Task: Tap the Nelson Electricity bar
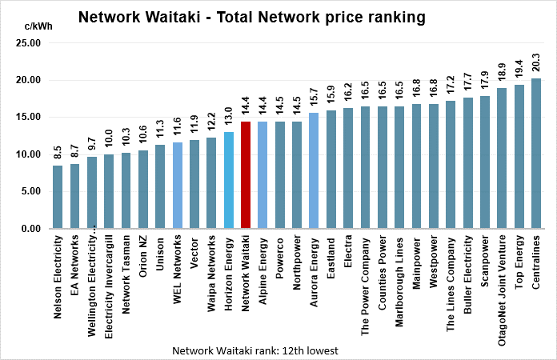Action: pyautogui.click(x=58, y=197)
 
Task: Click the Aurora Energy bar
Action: pyautogui.click(x=314, y=170)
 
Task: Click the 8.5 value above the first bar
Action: pyautogui.click(x=58, y=151)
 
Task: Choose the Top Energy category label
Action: pyautogui.click(x=519, y=263)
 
